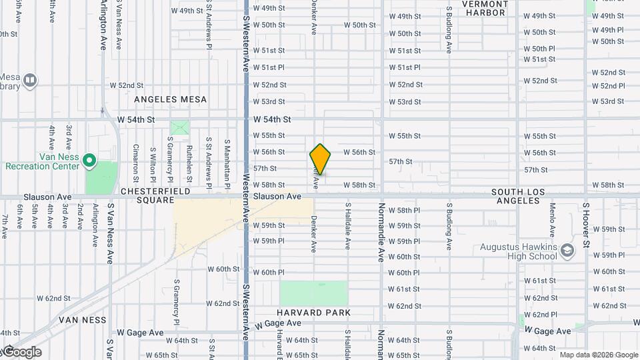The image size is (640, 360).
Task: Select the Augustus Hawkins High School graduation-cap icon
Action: point(567,251)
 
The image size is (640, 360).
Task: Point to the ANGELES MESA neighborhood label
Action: point(171,99)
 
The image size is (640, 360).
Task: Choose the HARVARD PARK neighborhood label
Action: point(315,313)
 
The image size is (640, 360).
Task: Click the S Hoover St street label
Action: point(586,225)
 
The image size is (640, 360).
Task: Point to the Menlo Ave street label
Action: point(553,220)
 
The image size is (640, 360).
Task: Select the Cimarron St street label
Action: point(135,163)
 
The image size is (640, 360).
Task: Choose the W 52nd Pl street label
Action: point(607,85)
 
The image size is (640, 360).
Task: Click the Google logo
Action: point(21,352)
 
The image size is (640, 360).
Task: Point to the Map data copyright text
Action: point(598,355)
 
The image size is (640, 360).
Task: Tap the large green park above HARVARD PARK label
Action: point(313,293)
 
